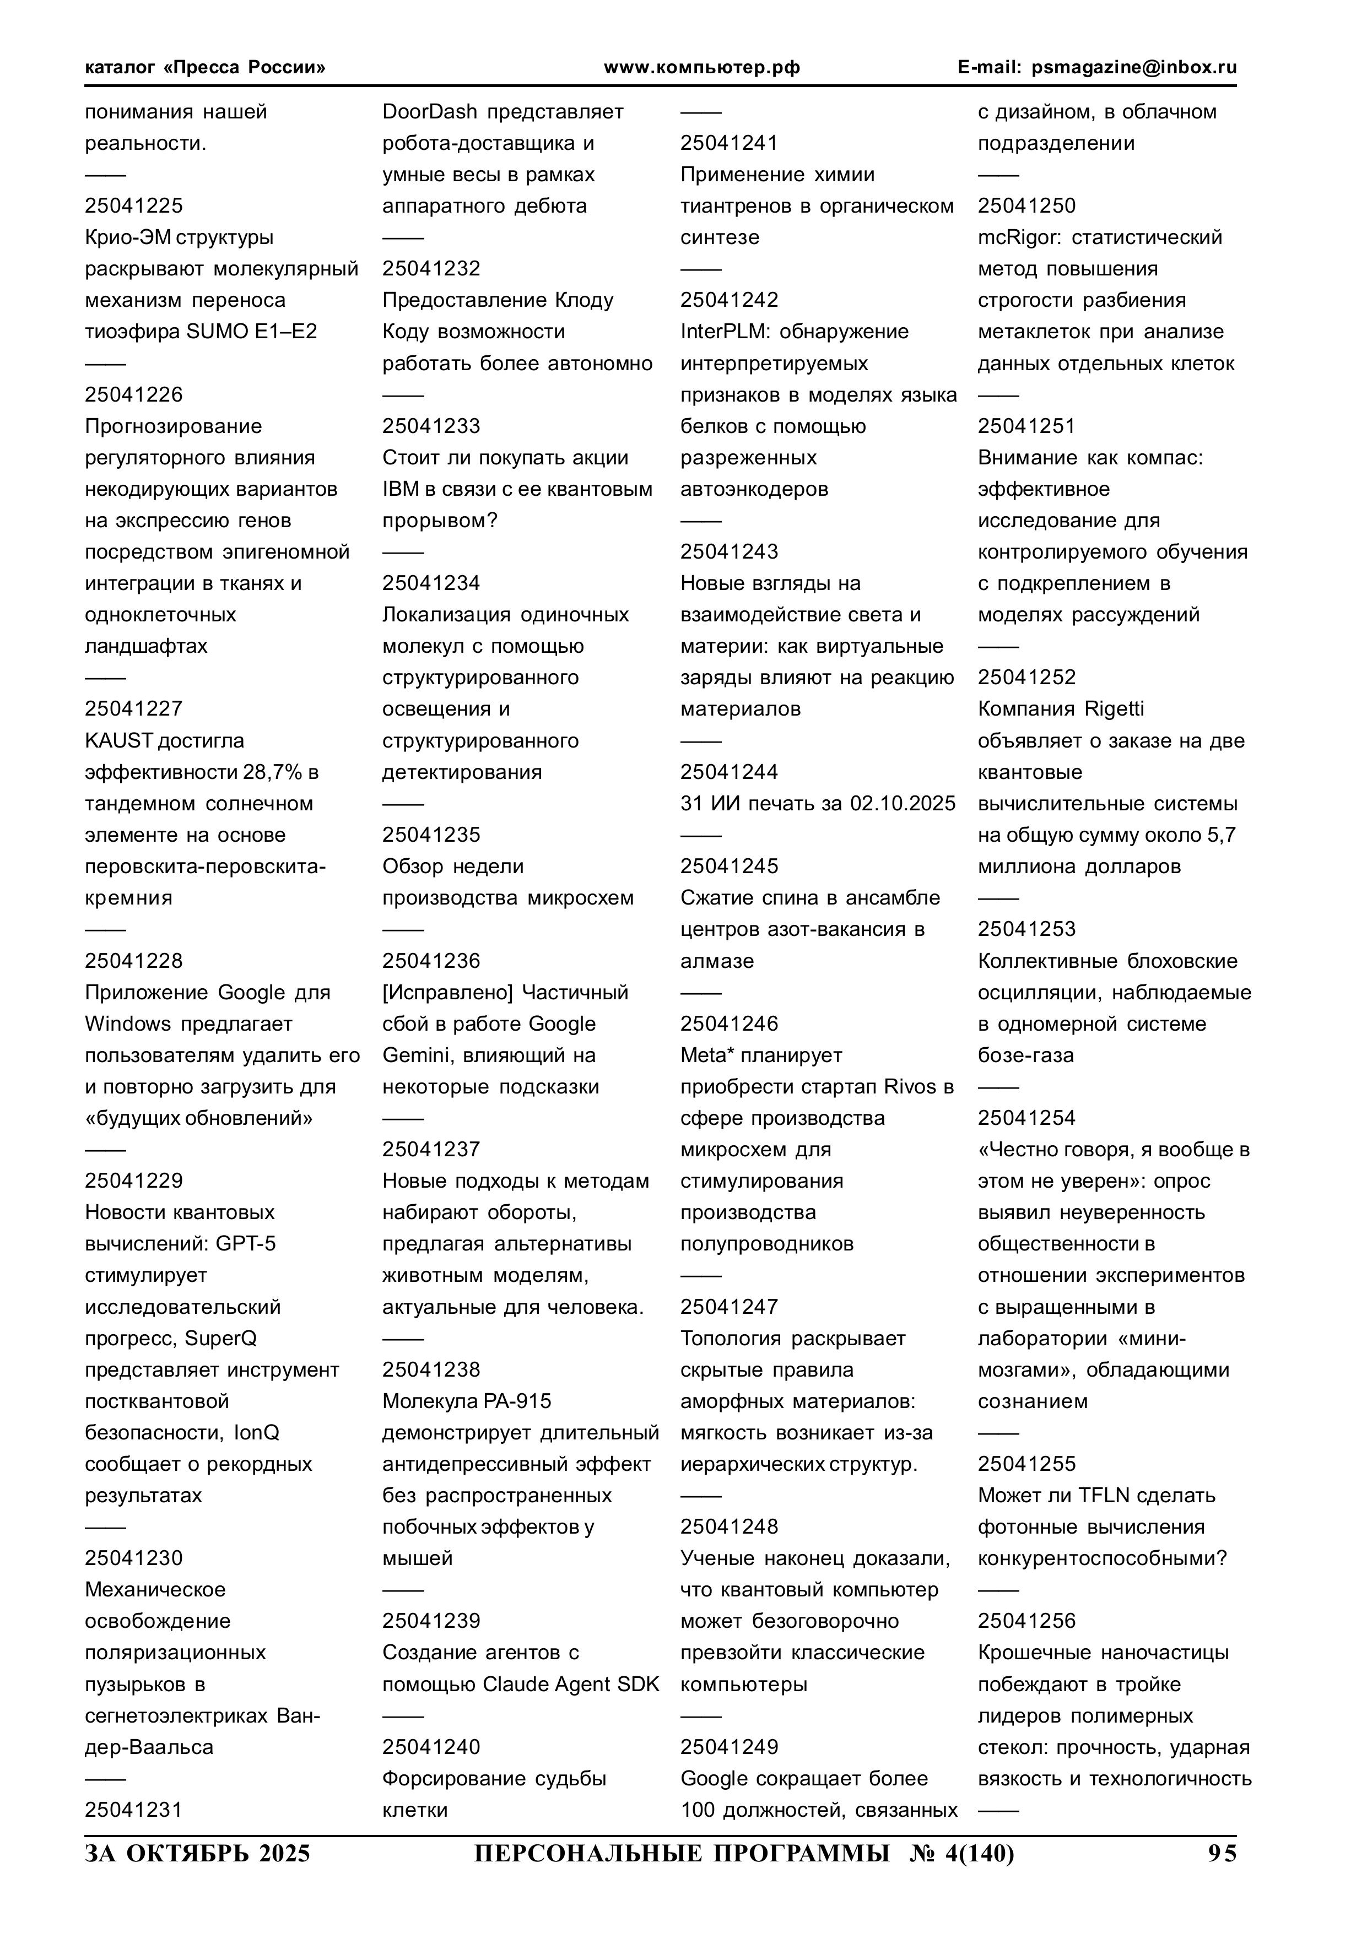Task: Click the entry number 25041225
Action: point(133,205)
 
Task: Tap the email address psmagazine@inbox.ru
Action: point(1134,67)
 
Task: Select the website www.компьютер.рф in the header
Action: point(701,67)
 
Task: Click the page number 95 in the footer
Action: point(1222,1853)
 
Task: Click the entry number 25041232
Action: point(431,269)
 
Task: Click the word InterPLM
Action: point(725,332)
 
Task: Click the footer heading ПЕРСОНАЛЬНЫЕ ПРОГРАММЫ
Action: point(682,1853)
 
